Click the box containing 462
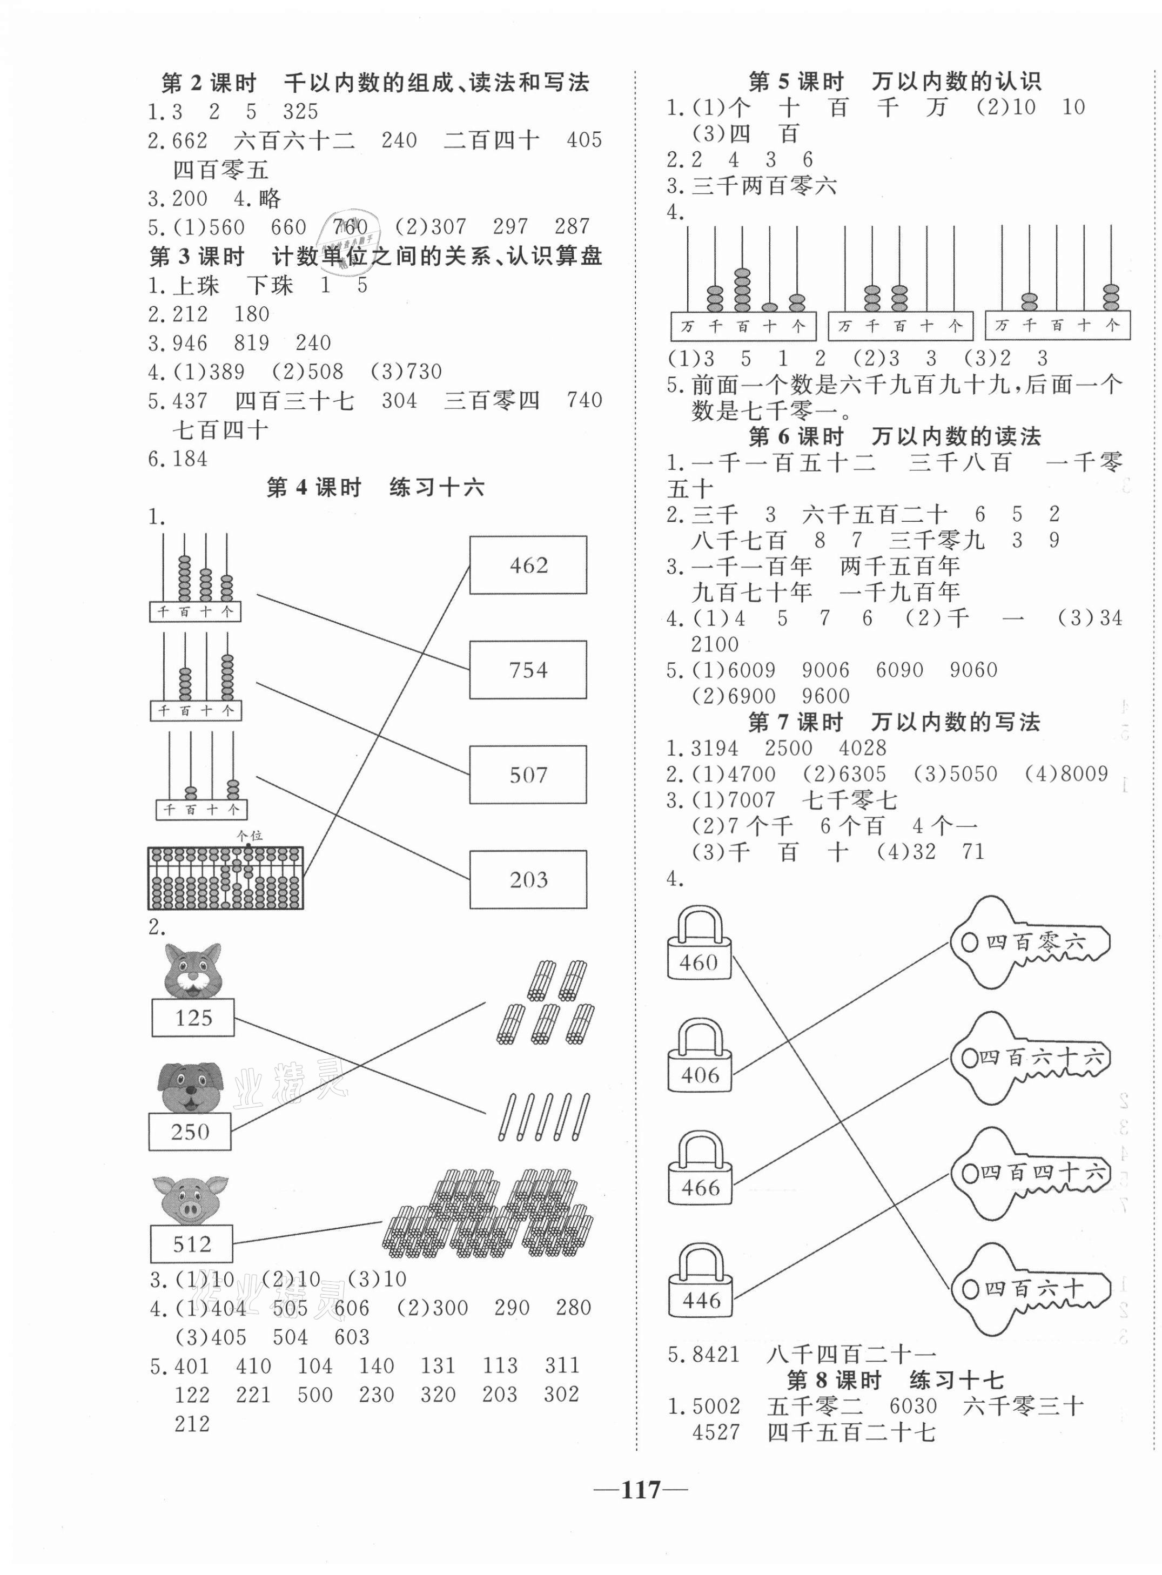click(x=528, y=564)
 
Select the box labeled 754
click(x=528, y=669)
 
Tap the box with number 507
click(x=528, y=774)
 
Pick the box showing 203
click(x=528, y=879)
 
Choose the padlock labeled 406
click(x=698, y=1058)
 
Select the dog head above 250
click(x=190, y=1087)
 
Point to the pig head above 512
click(x=190, y=1200)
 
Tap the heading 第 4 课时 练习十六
click(x=375, y=487)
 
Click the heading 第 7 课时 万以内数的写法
click(x=894, y=722)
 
